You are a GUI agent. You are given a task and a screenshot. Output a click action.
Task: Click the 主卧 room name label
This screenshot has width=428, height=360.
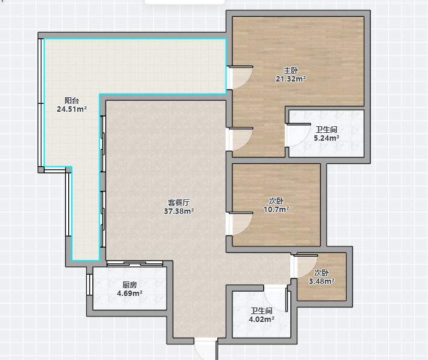coord(291,71)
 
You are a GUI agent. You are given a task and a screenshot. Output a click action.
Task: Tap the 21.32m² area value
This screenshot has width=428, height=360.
coord(291,79)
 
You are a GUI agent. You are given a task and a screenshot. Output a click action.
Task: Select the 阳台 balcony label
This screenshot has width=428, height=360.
coord(72,100)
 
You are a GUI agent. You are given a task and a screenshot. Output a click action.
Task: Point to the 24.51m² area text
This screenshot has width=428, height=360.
coord(72,109)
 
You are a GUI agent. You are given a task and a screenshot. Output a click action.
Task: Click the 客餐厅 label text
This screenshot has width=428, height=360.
coord(179,203)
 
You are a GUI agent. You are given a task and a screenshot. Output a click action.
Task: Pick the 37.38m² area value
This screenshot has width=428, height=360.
coord(179,211)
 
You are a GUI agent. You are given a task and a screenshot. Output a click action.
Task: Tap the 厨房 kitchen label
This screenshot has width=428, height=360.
coord(130,285)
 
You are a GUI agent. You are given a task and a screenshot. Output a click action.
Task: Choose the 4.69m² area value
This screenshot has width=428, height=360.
coord(130,294)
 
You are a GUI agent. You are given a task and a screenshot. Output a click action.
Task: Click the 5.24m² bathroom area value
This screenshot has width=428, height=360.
coord(327,138)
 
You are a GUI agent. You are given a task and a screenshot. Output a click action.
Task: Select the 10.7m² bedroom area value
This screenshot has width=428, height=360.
coord(276,210)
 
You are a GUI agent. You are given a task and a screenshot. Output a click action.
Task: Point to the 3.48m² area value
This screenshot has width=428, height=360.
coord(322,281)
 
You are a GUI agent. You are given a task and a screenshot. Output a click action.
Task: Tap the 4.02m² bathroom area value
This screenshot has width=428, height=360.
coord(261,319)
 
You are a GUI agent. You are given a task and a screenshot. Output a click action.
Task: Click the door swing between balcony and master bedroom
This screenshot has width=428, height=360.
coord(240,77)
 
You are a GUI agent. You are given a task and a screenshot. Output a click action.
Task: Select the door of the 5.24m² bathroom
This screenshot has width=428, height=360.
coord(298,135)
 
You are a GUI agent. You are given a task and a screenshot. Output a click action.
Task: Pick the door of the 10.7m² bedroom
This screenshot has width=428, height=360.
coord(240,223)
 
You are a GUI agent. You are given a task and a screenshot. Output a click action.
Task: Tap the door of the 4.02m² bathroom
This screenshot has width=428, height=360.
coord(276,298)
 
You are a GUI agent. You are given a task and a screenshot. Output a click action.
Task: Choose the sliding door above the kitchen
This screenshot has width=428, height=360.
coord(135,263)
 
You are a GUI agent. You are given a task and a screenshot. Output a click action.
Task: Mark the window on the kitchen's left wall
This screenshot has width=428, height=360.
coord(89,284)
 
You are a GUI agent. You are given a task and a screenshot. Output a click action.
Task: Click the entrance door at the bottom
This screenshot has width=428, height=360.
coord(206,349)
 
